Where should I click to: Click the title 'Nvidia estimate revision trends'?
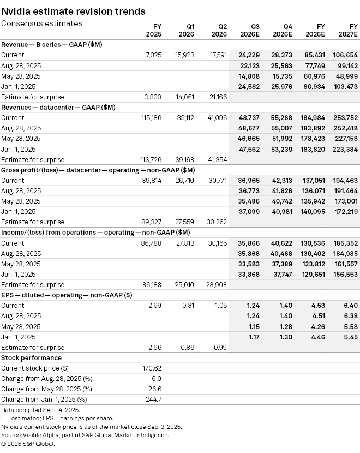[73, 11]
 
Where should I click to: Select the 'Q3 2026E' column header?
[251, 30]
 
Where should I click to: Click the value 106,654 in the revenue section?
[345, 55]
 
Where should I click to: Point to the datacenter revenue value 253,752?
[345, 118]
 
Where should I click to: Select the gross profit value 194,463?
[345, 180]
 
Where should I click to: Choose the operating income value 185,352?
[345, 243]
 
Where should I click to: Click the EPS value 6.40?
[350, 306]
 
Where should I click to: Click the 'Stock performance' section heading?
[31, 358]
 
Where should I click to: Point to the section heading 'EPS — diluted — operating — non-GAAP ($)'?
[68, 295]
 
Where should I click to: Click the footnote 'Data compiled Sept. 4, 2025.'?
[40, 409]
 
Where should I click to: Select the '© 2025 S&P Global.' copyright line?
[28, 444]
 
